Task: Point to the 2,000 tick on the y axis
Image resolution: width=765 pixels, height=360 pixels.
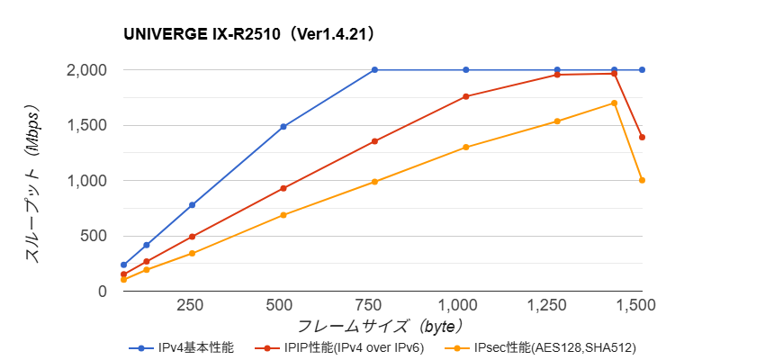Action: click(86, 70)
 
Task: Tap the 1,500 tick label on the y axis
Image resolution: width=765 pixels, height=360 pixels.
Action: click(86, 125)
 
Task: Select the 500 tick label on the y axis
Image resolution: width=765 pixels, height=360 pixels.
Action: click(94, 236)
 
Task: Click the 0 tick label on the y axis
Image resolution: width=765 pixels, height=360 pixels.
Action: click(102, 291)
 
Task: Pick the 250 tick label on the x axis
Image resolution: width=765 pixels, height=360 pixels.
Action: click(191, 306)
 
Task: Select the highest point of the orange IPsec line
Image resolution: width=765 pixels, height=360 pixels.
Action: click(614, 103)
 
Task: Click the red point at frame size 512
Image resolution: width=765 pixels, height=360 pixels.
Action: click(283, 188)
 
